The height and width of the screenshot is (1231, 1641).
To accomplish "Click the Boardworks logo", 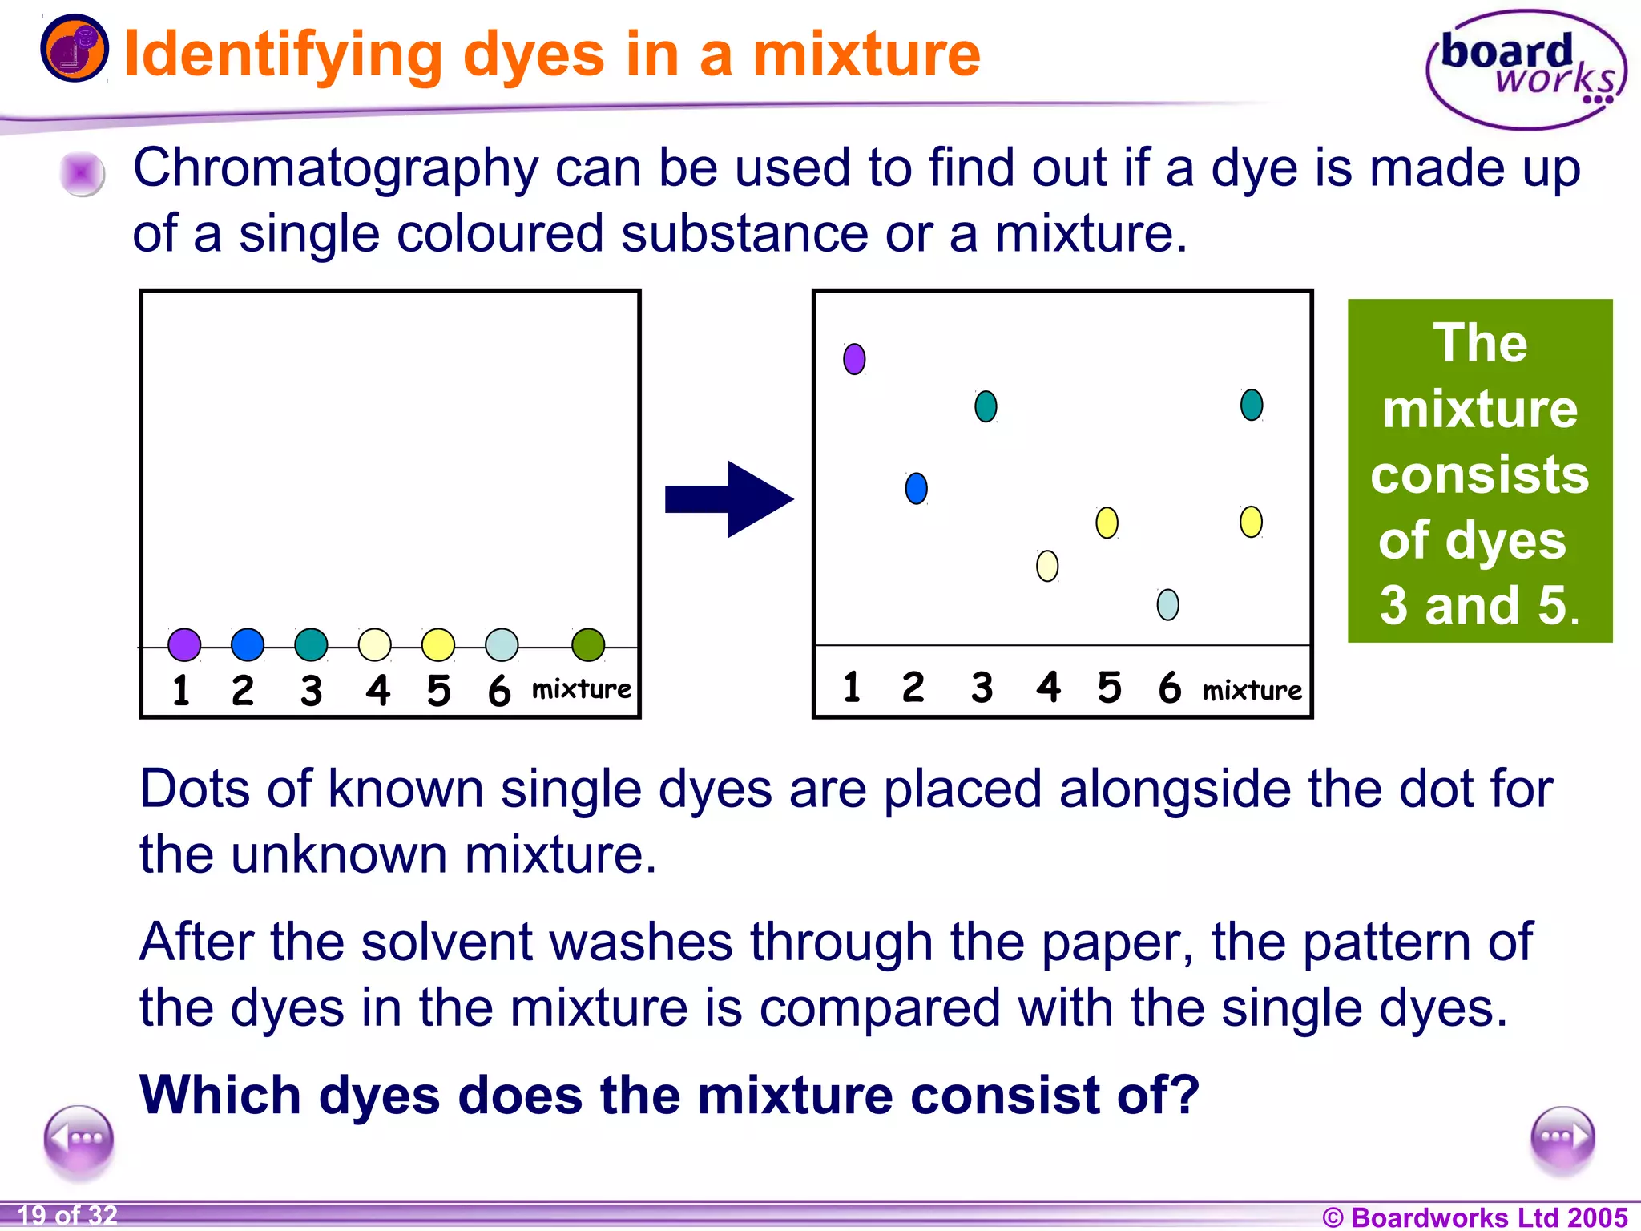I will click(1526, 71).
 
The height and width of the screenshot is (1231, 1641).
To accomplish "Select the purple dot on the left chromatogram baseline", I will click(184, 644).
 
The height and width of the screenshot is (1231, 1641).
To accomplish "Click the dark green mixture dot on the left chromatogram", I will click(588, 644).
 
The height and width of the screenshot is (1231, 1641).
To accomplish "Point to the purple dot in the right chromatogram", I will click(854, 359).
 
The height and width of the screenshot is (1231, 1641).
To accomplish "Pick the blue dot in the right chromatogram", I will click(916, 488).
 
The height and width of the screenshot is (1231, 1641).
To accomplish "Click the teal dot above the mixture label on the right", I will click(1252, 405).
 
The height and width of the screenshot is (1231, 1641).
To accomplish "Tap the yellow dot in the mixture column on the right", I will click(1251, 522).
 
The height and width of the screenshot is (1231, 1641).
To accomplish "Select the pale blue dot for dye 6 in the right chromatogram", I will click(1168, 604).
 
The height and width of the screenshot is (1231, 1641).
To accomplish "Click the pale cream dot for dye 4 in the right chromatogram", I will click(1047, 566).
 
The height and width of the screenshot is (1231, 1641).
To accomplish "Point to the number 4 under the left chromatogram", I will click(377, 690).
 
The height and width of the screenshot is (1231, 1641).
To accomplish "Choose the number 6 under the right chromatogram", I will click(1170, 688).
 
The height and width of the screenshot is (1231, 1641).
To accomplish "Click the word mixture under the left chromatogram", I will click(582, 689).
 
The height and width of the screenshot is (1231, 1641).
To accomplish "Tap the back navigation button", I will click(79, 1139).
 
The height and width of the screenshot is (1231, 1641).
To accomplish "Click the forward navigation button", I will click(1562, 1139).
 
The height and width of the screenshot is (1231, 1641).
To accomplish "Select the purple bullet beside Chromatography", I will click(82, 173).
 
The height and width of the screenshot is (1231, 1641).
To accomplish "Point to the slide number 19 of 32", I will click(67, 1215).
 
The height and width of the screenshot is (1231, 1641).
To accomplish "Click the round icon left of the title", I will click(75, 48).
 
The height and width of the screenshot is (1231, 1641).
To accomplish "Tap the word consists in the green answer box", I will click(1479, 474).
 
